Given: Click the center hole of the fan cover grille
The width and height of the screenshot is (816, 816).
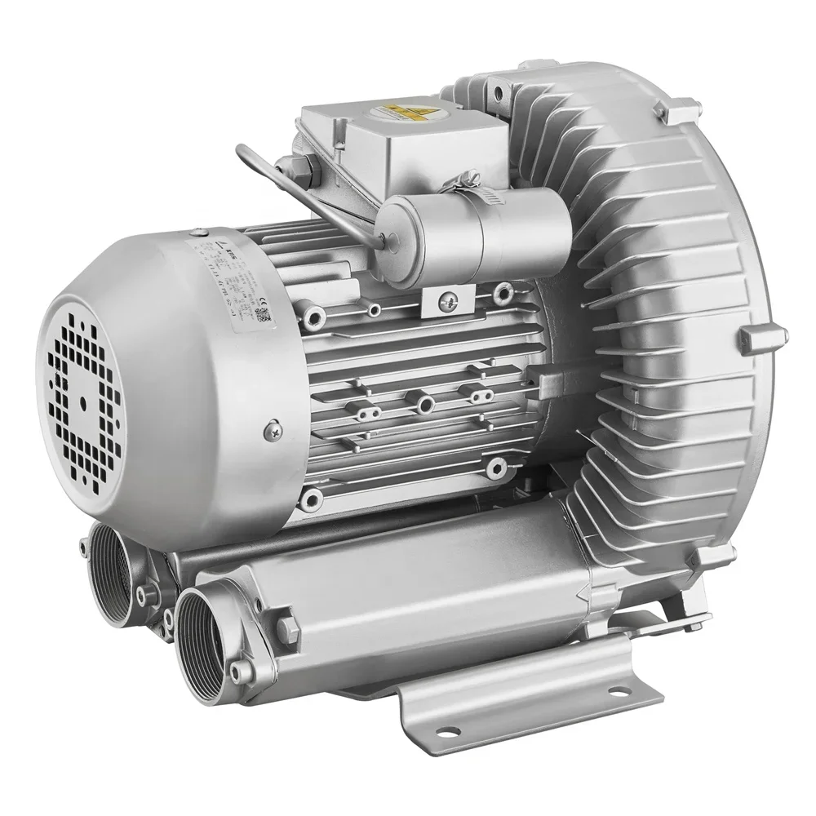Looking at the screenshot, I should [84, 401].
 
